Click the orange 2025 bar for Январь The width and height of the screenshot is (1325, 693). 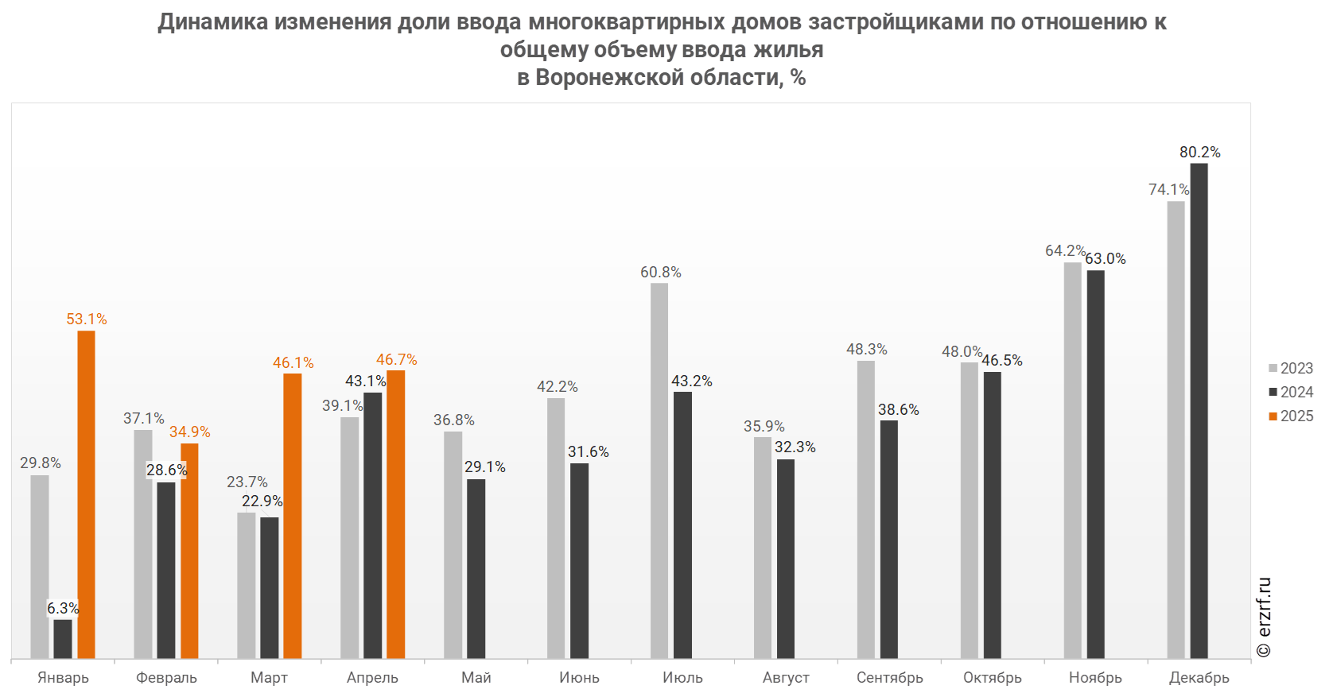[86, 494]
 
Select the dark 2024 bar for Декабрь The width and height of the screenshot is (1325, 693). [1199, 410]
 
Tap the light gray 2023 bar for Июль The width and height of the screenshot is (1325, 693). [659, 470]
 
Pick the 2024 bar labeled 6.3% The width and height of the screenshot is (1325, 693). [63, 639]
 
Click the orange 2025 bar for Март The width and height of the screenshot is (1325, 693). [293, 516]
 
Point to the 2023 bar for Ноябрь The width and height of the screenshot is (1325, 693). [1073, 460]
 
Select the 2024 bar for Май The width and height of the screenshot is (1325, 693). [476, 568]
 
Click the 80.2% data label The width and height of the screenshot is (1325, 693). [1199, 152]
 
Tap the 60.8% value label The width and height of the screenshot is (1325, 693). [660, 272]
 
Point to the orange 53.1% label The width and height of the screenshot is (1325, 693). [86, 319]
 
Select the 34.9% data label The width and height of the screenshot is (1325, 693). [189, 432]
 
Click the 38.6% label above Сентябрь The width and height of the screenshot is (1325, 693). [898, 409]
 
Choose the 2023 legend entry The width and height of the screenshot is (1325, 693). [1291, 368]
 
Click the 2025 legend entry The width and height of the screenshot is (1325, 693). [1291, 416]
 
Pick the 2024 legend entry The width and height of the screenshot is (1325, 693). [1291, 392]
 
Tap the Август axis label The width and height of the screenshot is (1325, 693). [787, 678]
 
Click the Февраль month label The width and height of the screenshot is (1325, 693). [166, 678]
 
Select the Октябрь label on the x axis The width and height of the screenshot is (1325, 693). [993, 678]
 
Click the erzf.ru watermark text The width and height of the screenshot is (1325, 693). [1265, 617]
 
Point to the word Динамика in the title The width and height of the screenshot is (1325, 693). [212, 21]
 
